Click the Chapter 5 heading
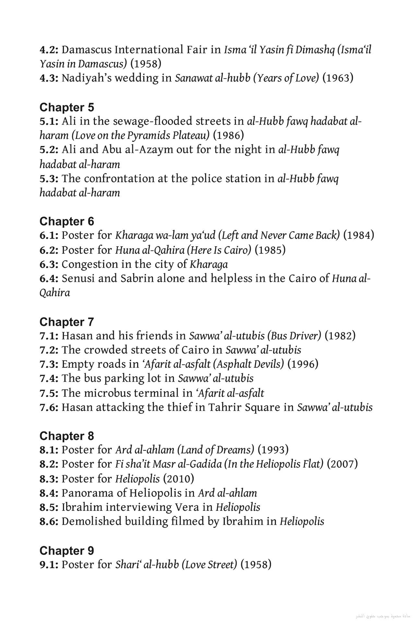(x=66, y=107)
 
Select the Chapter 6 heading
(x=66, y=221)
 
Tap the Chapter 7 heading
(x=66, y=322)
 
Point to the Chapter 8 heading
(x=66, y=436)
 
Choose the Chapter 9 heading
(x=66, y=551)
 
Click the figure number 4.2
(x=49, y=50)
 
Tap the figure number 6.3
(x=49, y=264)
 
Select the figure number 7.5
(x=49, y=393)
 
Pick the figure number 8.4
(x=49, y=493)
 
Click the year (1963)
(x=338, y=78)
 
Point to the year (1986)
(x=229, y=135)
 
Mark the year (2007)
(x=342, y=464)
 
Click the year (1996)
(x=303, y=364)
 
